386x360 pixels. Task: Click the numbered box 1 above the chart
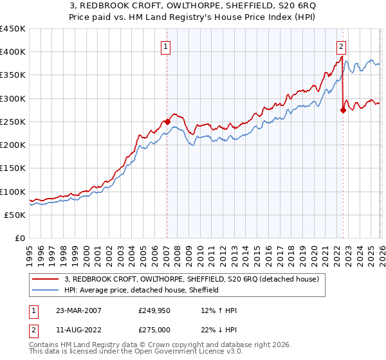[x=167, y=46]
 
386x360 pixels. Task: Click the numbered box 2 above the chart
[x=340, y=46]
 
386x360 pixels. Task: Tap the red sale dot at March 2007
[x=167, y=121]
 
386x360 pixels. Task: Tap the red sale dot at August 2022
[x=343, y=110]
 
